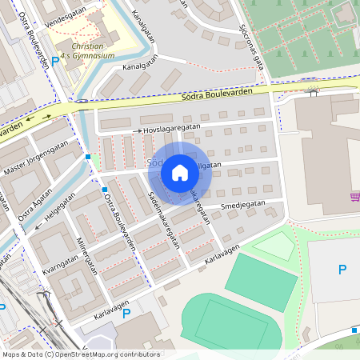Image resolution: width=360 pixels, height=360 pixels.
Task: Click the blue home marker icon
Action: point(180,172)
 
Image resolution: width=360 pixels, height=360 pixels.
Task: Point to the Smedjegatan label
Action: point(242,204)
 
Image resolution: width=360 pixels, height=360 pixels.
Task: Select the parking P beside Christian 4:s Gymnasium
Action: point(55,62)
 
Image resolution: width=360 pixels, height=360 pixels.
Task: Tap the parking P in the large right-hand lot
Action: point(342,270)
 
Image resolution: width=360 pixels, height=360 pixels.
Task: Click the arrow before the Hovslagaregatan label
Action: point(138,130)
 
